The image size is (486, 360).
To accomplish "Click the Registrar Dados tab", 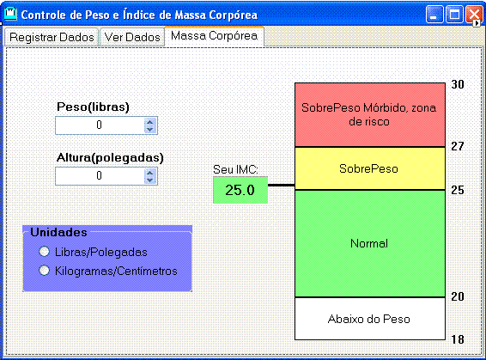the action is coord(52,37).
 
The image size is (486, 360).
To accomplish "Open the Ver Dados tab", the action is coord(132,37).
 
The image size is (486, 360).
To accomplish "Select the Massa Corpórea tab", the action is coord(214,36).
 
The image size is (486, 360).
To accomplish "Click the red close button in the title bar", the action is coord(474,15).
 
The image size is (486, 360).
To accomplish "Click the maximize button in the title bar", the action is coord(454,15).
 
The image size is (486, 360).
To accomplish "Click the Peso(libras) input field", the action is coord(100,125).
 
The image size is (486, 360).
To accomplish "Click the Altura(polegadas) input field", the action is coord(100,176).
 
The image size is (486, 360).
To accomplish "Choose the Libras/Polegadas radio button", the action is coord(44,252).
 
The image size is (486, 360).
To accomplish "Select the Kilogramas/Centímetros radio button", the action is coord(44,271).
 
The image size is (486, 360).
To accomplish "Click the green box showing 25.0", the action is coord(240,190).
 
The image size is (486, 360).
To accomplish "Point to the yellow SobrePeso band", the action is coord(370,168).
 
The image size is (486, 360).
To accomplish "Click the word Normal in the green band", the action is coord(369,243).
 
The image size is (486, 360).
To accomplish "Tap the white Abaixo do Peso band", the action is coord(370,319).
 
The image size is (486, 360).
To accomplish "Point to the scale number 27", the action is coord(458,146).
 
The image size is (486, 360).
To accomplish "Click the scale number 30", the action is coord(458,84).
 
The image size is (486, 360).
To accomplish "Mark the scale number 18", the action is coord(458,339).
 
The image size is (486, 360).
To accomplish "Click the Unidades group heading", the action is coord(58,232).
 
